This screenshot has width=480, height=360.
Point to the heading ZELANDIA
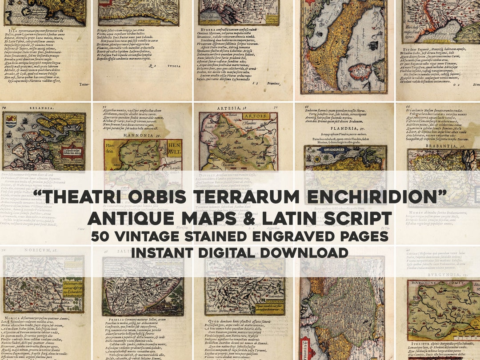click(x=32, y=107)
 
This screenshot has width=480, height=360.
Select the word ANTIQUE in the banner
click(x=142, y=219)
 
